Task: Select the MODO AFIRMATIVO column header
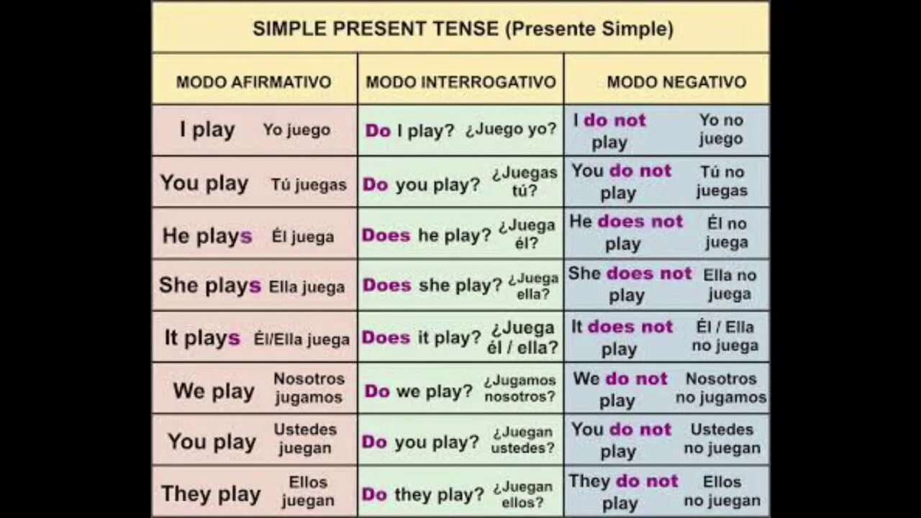[x=253, y=81]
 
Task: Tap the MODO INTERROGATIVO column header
[x=460, y=81]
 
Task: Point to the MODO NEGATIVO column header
[x=676, y=81]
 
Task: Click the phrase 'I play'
[x=207, y=130]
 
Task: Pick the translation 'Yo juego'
[x=296, y=130]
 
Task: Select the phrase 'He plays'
[x=207, y=235]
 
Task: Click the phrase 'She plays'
[x=210, y=286]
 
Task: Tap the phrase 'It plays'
[x=202, y=338]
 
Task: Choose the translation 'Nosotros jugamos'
[x=309, y=388]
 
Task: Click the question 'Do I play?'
[x=410, y=131]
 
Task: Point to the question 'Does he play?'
[x=427, y=235]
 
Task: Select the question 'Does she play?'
[x=432, y=286]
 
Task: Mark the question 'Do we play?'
[x=419, y=391]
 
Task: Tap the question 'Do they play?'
[x=423, y=494]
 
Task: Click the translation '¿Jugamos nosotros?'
[x=520, y=388]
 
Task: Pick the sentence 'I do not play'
[x=610, y=131]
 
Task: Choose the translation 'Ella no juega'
[x=730, y=285]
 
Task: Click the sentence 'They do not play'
[x=623, y=492]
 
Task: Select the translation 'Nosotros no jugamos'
[x=721, y=388]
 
